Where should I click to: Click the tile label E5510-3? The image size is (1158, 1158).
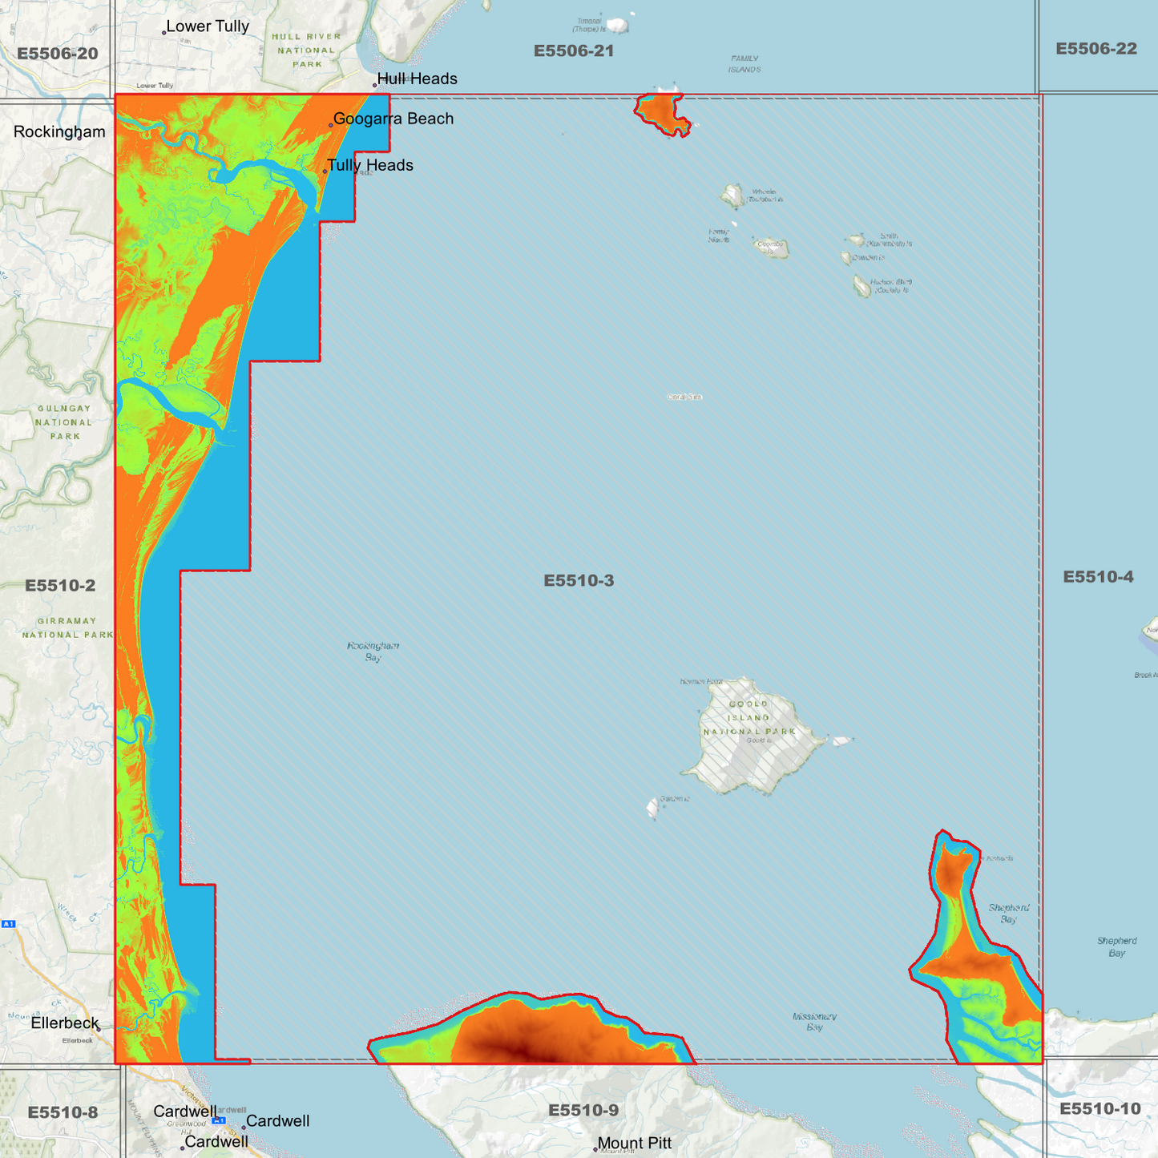coord(579,580)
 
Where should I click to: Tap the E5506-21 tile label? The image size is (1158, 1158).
coord(574,51)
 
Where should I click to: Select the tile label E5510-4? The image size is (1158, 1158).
coord(1098,577)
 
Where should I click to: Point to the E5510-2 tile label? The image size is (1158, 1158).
coord(60,585)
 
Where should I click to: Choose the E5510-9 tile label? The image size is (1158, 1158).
coord(583,1110)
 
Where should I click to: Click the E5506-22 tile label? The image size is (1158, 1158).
coord(1096,49)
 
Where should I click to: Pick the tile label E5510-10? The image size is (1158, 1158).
coord(1099,1108)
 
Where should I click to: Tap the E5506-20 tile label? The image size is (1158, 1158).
coord(58,54)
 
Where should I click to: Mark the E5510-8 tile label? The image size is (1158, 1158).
coord(63,1112)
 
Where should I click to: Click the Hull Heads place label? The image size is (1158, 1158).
coord(417,79)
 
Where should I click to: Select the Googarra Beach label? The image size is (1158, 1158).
coord(393,119)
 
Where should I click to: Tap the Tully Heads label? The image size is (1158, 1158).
coord(369,165)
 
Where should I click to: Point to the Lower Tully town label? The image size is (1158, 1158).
coord(208,26)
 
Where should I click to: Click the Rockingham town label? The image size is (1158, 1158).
coord(59,131)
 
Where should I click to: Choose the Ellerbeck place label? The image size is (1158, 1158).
coord(65,1023)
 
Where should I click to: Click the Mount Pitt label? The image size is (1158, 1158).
coord(634,1144)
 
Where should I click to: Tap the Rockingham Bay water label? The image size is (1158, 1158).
coord(373,651)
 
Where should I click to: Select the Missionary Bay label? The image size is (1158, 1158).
coord(814,1021)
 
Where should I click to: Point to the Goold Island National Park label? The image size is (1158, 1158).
coord(749,717)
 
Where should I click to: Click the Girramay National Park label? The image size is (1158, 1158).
coord(67,627)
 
